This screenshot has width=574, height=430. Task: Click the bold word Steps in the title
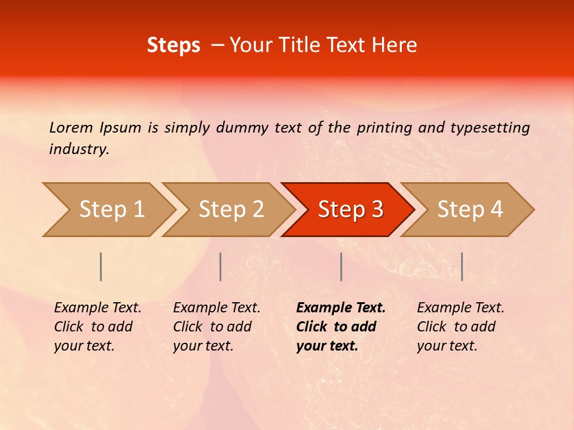click(x=173, y=45)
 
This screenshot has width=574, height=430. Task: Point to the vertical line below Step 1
click(x=101, y=266)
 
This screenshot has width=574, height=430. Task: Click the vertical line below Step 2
click(x=221, y=266)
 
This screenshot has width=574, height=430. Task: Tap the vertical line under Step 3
click(x=341, y=266)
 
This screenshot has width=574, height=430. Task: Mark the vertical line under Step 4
click(x=462, y=266)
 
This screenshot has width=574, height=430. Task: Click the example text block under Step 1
click(x=97, y=327)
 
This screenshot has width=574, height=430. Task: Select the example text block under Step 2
click(x=216, y=327)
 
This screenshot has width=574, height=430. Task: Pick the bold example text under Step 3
click(x=340, y=327)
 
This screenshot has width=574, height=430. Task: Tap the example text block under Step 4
click(x=460, y=327)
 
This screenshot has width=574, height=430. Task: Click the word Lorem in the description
click(x=71, y=127)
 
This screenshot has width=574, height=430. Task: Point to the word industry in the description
click(x=79, y=149)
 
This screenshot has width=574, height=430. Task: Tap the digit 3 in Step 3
click(x=375, y=210)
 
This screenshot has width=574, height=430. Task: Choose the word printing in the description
click(x=383, y=127)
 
